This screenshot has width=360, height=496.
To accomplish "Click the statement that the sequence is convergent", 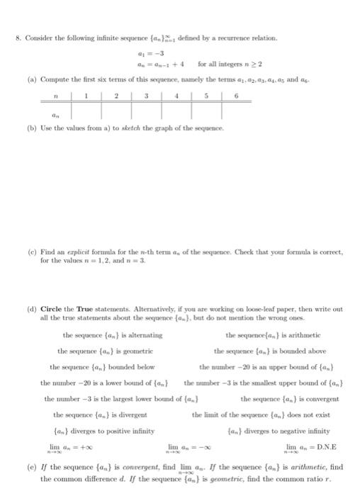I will point(290,398).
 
